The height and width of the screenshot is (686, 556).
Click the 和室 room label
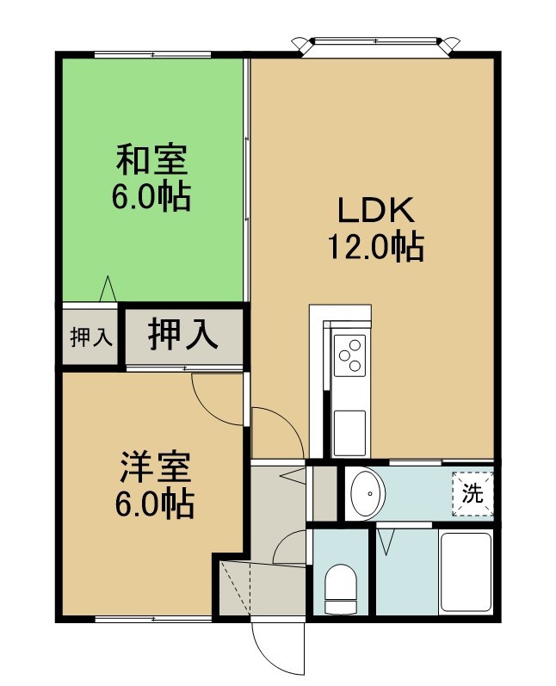(151, 161)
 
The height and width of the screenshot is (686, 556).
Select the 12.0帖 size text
(376, 247)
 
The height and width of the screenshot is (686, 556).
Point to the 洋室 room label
(154, 467)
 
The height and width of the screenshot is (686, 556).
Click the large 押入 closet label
(182, 336)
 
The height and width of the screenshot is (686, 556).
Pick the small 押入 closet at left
(90, 337)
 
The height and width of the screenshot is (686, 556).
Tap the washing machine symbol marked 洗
(473, 493)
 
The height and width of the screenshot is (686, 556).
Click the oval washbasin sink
(368, 493)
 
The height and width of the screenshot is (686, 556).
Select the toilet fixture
(341, 589)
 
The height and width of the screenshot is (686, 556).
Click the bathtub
(466, 572)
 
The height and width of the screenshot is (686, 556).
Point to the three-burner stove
(349, 355)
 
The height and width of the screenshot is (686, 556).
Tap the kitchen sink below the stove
(349, 433)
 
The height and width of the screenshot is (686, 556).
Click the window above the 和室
(152, 55)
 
